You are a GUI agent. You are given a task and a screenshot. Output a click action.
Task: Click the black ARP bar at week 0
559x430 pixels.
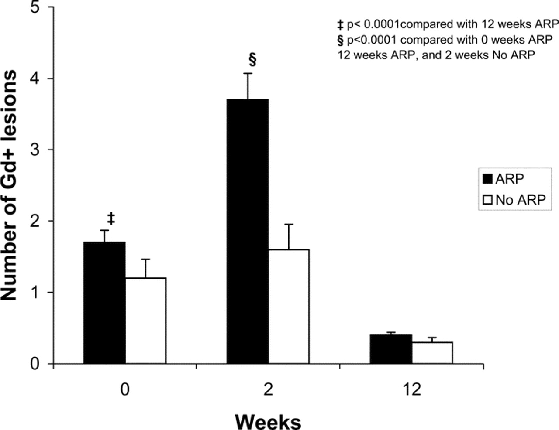click(x=104, y=303)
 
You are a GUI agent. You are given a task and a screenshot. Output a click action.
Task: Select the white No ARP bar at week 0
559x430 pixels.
click(x=145, y=321)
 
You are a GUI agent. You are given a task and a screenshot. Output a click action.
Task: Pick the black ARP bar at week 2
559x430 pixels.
click(x=247, y=231)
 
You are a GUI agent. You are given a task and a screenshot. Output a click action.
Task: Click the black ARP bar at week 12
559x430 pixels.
click(x=391, y=349)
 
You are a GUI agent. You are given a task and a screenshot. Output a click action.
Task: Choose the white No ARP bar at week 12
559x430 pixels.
click(x=432, y=352)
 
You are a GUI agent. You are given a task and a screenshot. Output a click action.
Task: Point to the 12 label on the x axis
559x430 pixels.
click(x=411, y=389)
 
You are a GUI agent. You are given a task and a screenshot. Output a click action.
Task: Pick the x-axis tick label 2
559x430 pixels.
click(x=268, y=389)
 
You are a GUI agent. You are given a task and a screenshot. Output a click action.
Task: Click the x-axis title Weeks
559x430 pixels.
click(x=268, y=421)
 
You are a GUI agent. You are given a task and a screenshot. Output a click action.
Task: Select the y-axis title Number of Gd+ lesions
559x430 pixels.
click(x=10, y=185)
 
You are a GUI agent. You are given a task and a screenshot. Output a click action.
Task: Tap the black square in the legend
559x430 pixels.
click(x=487, y=179)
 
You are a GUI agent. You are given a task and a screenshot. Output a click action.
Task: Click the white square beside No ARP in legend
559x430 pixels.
click(x=487, y=200)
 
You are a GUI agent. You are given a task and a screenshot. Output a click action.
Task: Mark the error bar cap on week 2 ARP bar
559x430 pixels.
click(x=248, y=73)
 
